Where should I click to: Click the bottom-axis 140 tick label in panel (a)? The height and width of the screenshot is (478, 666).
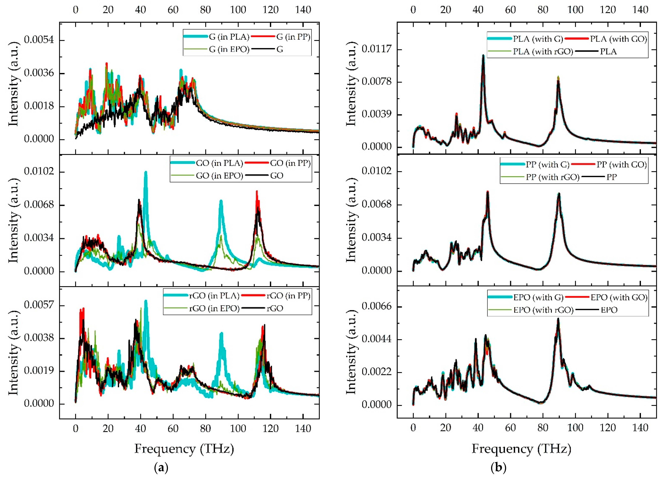click(303, 429)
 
